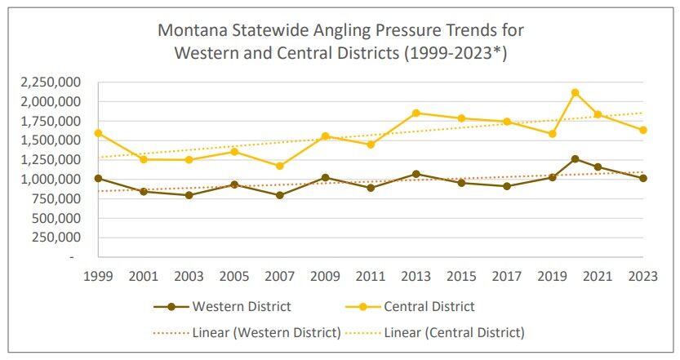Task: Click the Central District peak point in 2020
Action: point(576,92)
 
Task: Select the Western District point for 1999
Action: point(99,178)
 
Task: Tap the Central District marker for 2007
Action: point(279,166)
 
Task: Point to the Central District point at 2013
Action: point(416,113)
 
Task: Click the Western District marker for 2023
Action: point(643,178)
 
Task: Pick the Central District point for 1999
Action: point(99,132)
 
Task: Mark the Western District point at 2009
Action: point(325,177)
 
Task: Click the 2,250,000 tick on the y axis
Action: point(46,82)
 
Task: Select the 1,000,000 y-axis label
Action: point(46,180)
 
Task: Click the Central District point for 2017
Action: point(507,122)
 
